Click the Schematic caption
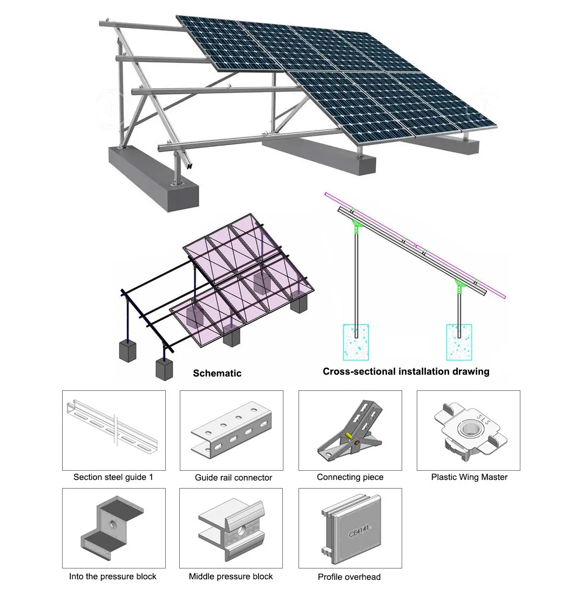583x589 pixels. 217,373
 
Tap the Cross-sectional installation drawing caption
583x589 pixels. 406,371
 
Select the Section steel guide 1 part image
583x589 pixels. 113,430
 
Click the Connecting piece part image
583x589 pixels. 350,430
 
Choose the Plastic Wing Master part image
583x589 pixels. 469,430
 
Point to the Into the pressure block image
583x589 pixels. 113,528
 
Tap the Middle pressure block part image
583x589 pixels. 232,528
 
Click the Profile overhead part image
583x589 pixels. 350,528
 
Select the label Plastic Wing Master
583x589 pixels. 469,477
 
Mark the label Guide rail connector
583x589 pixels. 233,478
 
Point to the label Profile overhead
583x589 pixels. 349,577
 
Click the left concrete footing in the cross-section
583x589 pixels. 356,342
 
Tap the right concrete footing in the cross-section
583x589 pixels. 459,342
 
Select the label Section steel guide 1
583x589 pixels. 113,477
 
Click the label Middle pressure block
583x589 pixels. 231,577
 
